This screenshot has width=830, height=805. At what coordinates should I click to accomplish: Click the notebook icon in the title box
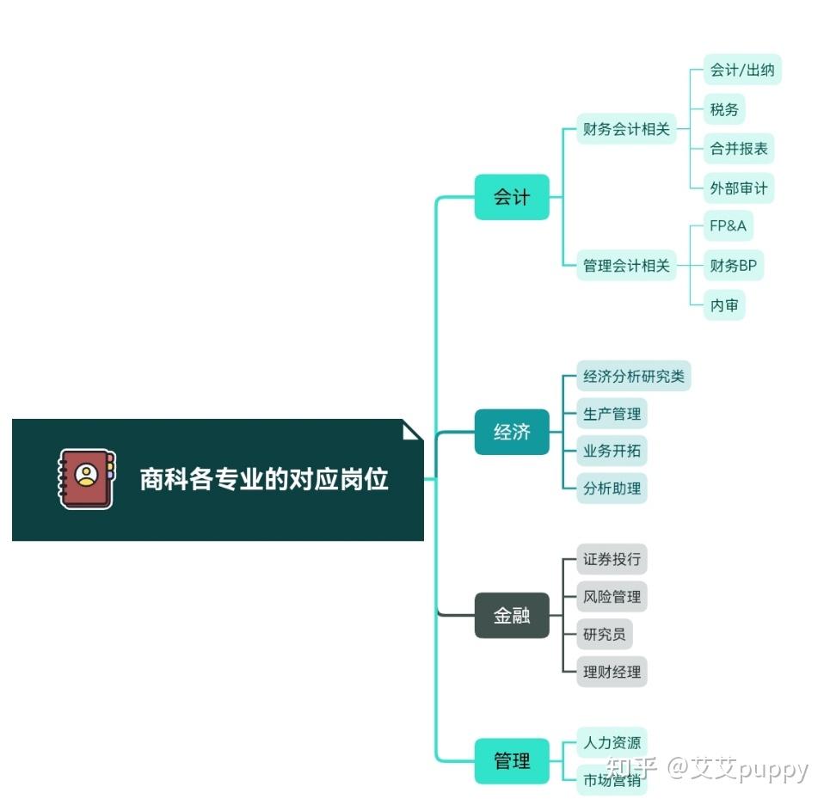click(x=86, y=478)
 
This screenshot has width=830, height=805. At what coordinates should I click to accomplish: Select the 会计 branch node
click(x=512, y=197)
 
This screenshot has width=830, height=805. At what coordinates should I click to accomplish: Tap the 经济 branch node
click(x=512, y=432)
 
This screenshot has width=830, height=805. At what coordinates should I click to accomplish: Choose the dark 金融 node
click(x=512, y=616)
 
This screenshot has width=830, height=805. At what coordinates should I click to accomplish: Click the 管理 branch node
click(x=512, y=760)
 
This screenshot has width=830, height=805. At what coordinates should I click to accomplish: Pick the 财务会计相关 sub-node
click(x=626, y=129)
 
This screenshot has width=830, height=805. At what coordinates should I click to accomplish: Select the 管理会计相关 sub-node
click(x=626, y=266)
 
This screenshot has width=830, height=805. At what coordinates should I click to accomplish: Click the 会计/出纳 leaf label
click(x=741, y=71)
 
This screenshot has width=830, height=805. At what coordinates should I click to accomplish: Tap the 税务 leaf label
click(x=724, y=109)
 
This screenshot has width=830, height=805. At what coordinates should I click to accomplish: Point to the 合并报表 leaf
click(x=739, y=148)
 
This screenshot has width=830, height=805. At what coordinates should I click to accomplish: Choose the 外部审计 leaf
click(x=739, y=187)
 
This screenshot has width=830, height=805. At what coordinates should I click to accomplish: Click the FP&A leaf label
click(x=728, y=226)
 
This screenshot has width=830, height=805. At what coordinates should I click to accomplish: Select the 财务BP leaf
click(x=733, y=266)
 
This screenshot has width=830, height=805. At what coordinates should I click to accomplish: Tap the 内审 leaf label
click(x=724, y=305)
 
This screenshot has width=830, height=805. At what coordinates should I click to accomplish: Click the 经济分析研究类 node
click(x=634, y=376)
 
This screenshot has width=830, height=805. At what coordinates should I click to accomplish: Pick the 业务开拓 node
click(x=612, y=451)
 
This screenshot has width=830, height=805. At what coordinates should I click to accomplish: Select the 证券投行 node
click(x=612, y=559)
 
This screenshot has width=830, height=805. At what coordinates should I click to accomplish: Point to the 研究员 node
click(x=604, y=635)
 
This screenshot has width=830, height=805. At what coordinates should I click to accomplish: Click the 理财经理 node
click(x=612, y=672)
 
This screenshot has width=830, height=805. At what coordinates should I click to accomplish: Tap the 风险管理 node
click(x=612, y=597)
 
